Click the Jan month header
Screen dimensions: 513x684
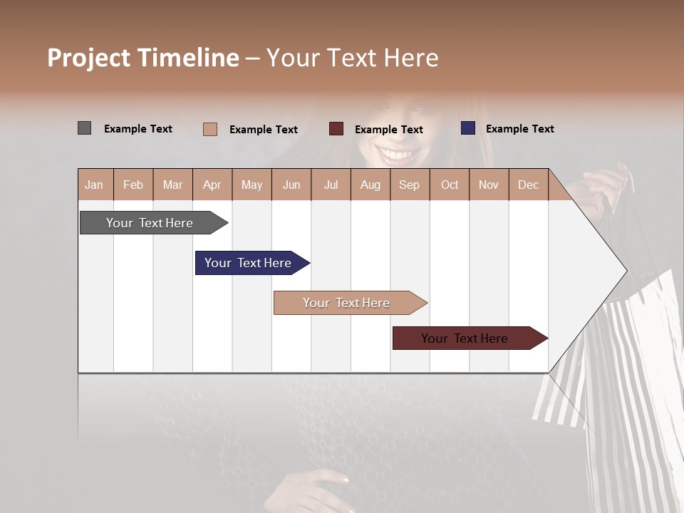95,185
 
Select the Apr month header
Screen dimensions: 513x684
212,185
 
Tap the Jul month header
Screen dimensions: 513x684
331,185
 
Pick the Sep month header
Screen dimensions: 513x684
410,185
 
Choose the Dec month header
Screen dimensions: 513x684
528,185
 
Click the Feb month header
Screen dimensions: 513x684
133,185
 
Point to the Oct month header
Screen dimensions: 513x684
450,185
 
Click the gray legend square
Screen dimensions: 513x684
84,128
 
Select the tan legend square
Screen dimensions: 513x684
210,129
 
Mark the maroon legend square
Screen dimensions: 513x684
336,129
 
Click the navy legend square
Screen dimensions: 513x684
468,128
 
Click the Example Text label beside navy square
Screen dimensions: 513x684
519,129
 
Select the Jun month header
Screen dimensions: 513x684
291,185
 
